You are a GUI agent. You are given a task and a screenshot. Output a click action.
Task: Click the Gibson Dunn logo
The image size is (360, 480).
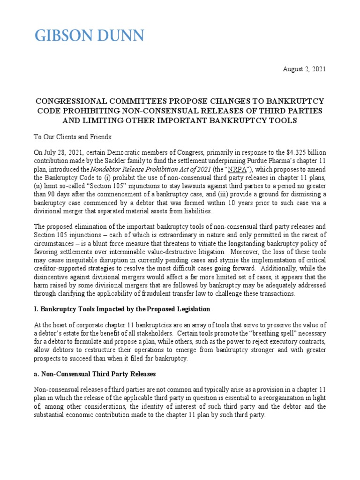[90, 36]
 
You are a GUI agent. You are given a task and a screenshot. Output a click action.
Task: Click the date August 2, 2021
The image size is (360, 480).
[304, 69]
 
